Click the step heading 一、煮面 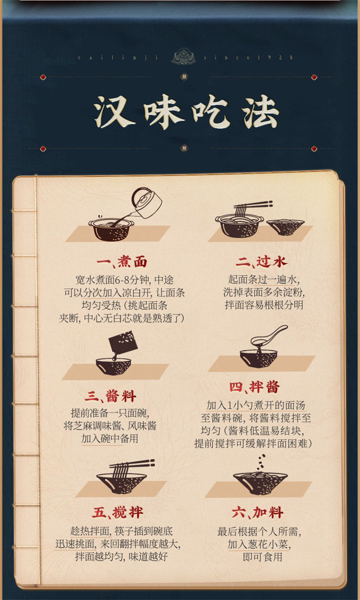click(x=122, y=262)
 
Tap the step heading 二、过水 click(x=261, y=261)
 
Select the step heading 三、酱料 click(x=110, y=396)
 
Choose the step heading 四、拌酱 click(x=254, y=387)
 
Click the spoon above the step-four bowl click(x=269, y=334)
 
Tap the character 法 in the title click(x=261, y=112)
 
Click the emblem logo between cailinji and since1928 click(x=184, y=56)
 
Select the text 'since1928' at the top click(x=248, y=57)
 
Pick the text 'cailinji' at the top click(x=118, y=57)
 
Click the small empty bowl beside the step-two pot click(x=286, y=227)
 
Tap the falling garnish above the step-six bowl click(x=262, y=462)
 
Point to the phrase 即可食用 click(x=263, y=557)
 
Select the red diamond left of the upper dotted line click(x=43, y=77)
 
